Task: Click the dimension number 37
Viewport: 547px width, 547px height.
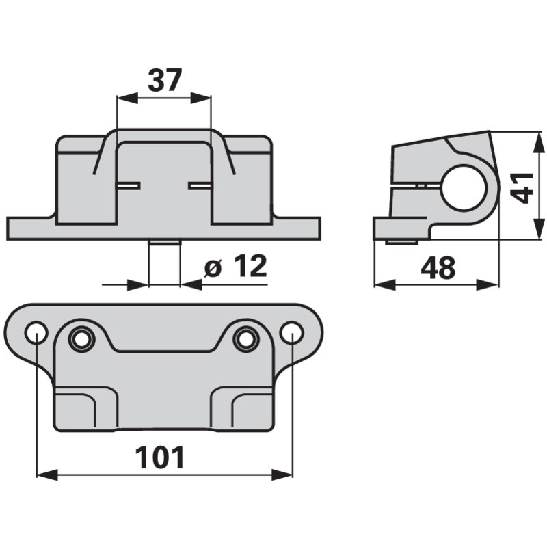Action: tap(165, 80)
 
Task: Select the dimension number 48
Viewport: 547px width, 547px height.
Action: tap(438, 268)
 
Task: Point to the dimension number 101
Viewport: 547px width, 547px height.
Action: tap(160, 457)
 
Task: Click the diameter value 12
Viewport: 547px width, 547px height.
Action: tap(250, 266)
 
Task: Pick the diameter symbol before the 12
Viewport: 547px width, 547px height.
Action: tap(213, 269)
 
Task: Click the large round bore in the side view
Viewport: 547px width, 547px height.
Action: tap(466, 189)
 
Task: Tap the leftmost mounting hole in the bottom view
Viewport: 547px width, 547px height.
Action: tap(36, 332)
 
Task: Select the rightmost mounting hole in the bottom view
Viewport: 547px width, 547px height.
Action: tap(292, 332)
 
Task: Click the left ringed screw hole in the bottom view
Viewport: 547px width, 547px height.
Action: tap(81, 339)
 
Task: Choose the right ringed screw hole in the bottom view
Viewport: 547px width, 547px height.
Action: tap(245, 339)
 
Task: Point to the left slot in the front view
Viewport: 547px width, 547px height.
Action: tap(128, 186)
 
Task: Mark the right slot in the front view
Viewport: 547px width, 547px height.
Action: tap(200, 186)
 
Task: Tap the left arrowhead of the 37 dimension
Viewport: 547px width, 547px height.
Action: tap(126, 98)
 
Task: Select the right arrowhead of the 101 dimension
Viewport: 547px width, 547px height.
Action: tap(282, 475)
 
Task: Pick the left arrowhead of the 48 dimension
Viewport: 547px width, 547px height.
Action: tap(385, 284)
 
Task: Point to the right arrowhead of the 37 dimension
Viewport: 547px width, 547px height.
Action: tap(201, 98)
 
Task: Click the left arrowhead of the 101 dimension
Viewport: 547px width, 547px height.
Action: tap(47, 475)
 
